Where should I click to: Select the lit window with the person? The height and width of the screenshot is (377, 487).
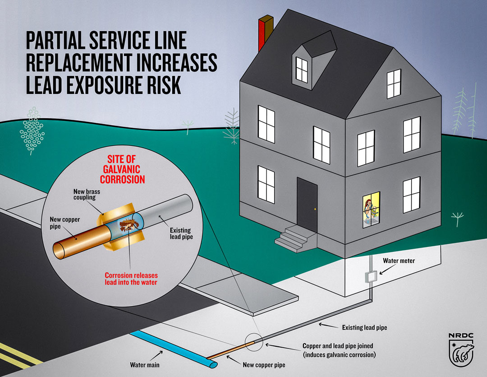click(x=372, y=209)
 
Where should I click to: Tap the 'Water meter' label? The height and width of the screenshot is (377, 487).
click(x=399, y=261)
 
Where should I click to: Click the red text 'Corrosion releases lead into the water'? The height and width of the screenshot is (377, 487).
click(x=131, y=279)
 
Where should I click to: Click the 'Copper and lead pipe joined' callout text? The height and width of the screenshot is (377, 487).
click(x=340, y=350)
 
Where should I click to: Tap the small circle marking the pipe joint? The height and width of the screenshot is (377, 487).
click(x=254, y=344)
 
